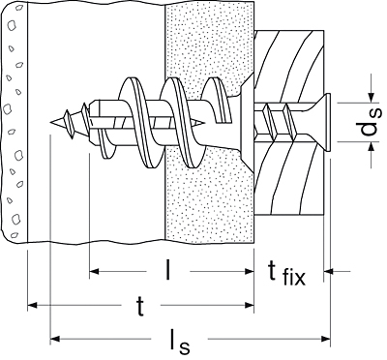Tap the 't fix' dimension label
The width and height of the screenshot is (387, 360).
coord(286,273)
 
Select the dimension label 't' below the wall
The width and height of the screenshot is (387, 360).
coord(140,306)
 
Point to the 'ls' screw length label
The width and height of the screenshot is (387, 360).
coord(180,343)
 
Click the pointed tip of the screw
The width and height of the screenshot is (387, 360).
coord(51,122)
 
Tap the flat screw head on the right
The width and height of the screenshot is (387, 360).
coord(328,122)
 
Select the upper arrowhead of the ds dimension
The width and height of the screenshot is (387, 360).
coord(371,98)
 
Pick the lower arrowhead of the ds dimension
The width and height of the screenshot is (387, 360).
coord(371,148)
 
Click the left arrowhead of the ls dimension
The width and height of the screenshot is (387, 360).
coord(55,339)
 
